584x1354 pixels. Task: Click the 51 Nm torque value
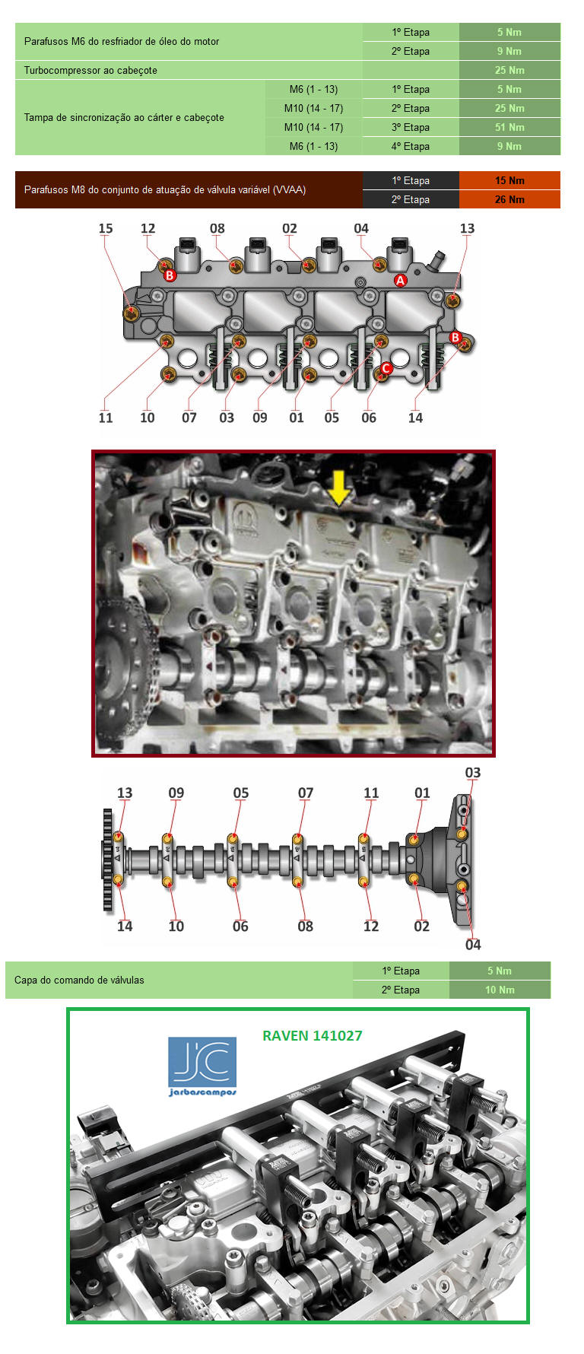point(509,127)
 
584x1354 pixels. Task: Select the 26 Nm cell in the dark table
point(509,199)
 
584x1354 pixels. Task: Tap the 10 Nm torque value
point(500,990)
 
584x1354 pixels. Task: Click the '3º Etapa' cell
point(411,127)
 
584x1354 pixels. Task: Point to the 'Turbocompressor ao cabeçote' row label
point(90,70)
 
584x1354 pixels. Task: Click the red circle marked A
point(400,280)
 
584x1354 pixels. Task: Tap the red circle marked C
point(386,369)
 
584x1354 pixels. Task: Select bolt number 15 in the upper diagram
point(132,313)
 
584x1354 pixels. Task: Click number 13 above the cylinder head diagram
point(467,228)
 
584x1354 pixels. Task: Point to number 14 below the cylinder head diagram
point(415,418)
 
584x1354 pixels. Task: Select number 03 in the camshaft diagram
point(472,773)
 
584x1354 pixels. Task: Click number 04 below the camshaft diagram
point(473,945)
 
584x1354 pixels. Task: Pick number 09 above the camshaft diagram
point(176,793)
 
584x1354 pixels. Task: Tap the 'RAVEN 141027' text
point(313,1035)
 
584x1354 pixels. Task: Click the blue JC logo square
point(202,1062)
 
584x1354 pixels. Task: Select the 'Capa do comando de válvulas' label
point(79,980)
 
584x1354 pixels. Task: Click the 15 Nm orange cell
point(509,180)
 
